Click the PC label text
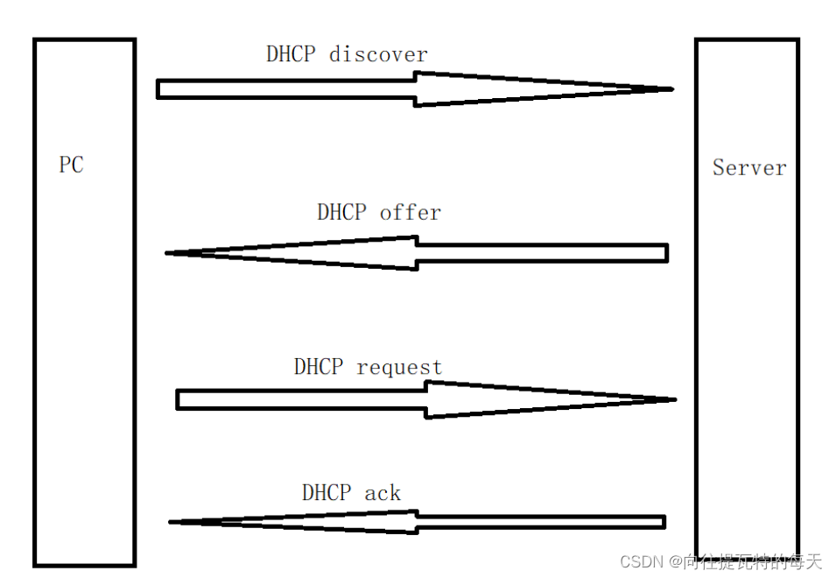[x=72, y=165]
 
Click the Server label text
[x=748, y=167]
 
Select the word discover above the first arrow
[x=378, y=54]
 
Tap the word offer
[x=410, y=213]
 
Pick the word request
[x=399, y=367]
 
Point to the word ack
[x=383, y=493]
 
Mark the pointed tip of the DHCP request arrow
[x=674, y=399]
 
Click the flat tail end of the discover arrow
[x=158, y=88]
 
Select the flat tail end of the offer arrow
[x=666, y=253]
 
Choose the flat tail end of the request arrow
[x=178, y=399]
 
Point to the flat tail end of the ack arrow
[x=664, y=522]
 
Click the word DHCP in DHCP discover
[x=292, y=54]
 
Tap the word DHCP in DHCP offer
[x=342, y=213]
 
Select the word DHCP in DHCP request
[x=319, y=367]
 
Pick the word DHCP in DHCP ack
[x=327, y=493]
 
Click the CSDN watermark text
[x=641, y=561]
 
